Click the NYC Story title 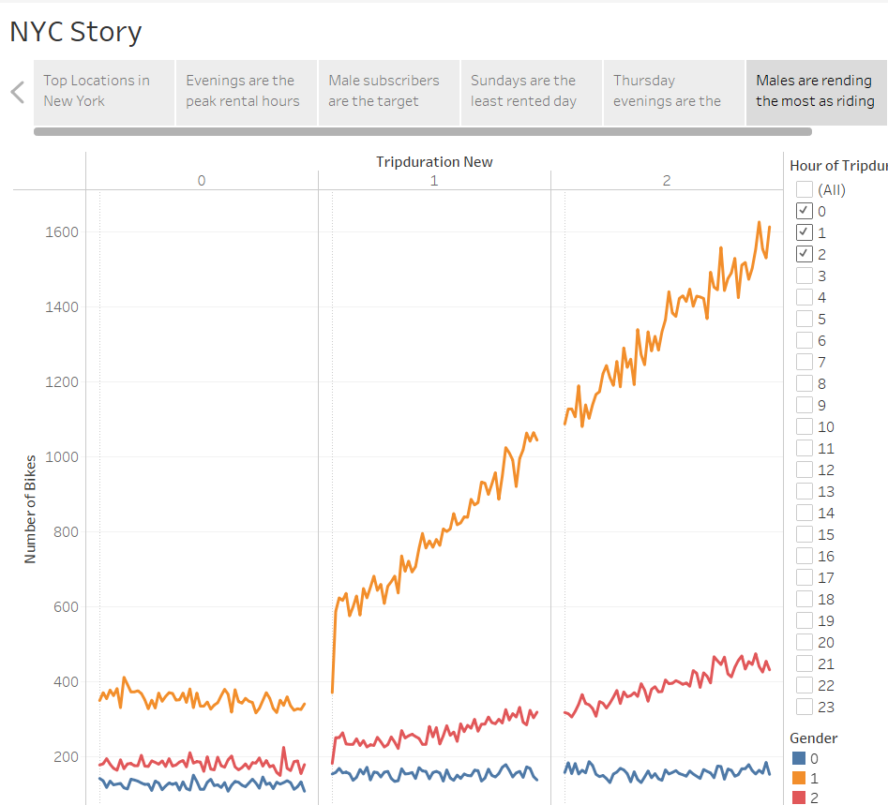coord(76,32)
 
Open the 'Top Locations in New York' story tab coord(104,91)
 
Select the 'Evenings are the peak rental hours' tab coord(247,91)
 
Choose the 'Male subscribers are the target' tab coord(389,91)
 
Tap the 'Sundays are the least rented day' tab coord(531,91)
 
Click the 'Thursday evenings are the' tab coord(672,91)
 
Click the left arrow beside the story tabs coord(17,92)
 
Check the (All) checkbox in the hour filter coord(805,189)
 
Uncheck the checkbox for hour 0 coord(805,211)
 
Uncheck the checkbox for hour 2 coord(805,254)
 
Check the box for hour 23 coord(805,707)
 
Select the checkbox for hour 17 coord(805,577)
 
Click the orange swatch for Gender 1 coord(799,778)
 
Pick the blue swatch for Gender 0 coord(799,758)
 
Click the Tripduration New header coord(434,161)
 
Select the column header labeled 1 coord(434,180)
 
